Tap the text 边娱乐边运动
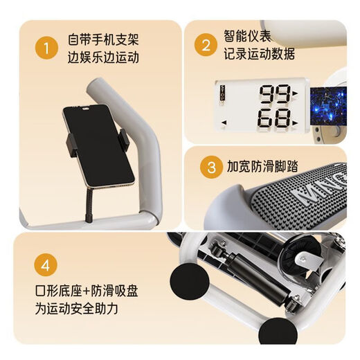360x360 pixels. click(103, 57)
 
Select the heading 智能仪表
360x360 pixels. click(247, 35)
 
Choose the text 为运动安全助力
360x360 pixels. click(77, 309)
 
